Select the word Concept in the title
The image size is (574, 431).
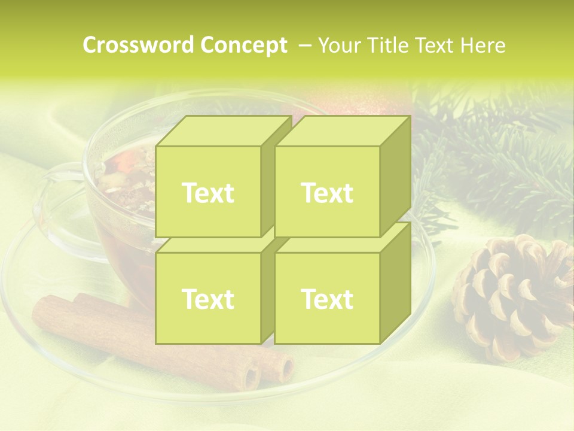[x=243, y=45]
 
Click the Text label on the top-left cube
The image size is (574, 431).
[x=207, y=193]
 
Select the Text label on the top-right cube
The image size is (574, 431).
[x=327, y=193]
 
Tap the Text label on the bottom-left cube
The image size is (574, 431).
[x=207, y=299]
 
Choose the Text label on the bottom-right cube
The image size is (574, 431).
[x=327, y=299]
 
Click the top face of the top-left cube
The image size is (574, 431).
[x=222, y=130]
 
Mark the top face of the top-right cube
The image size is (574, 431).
[x=342, y=130]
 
